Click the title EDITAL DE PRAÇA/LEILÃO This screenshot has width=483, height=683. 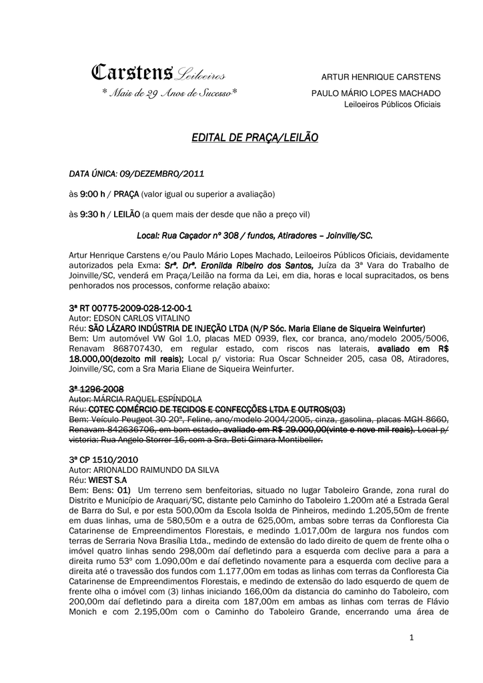[x=255, y=137]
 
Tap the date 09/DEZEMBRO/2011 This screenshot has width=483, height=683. [x=162, y=174]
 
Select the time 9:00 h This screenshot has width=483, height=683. [x=92, y=194]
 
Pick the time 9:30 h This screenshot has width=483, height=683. [x=92, y=215]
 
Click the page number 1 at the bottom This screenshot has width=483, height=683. [x=412, y=638]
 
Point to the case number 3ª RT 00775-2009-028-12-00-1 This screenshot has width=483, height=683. [x=130, y=309]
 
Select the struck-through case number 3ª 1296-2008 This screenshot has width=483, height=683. [x=96, y=389]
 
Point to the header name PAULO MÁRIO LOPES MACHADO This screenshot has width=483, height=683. [x=376, y=93]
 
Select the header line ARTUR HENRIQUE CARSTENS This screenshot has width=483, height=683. [x=381, y=77]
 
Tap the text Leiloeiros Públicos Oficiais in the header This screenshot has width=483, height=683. [x=392, y=104]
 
